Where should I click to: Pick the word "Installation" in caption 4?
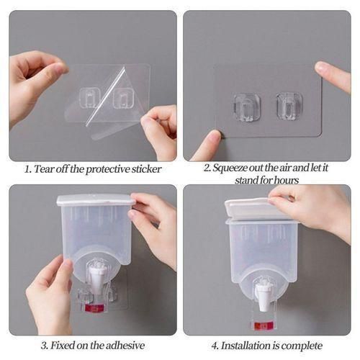246,346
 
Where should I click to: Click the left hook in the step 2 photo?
246,105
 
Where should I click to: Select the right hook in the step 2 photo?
289,105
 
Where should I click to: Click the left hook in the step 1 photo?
90,96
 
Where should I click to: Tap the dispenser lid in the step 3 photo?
94,199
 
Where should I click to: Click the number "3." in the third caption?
45,346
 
